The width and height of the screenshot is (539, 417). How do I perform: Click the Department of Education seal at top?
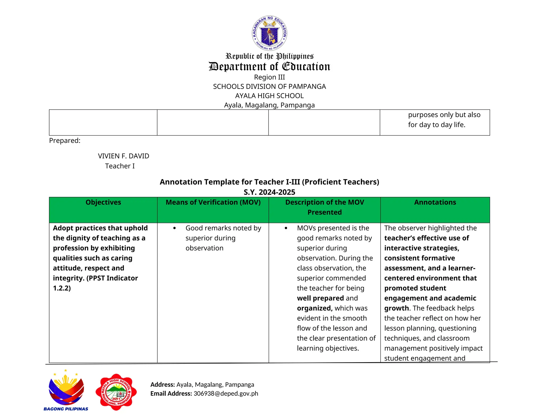269,33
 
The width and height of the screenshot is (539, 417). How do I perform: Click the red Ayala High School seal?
116,392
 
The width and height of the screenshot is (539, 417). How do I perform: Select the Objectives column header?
103,202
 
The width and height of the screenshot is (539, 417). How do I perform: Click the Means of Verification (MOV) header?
213,202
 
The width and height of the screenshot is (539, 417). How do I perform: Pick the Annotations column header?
435,202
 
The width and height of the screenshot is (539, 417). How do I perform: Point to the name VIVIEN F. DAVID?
123,156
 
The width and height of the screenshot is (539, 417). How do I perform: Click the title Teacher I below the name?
120,166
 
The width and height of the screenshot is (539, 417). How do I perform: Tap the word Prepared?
65,141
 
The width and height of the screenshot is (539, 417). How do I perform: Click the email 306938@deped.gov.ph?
226,394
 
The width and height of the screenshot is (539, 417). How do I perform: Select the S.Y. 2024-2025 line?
269,192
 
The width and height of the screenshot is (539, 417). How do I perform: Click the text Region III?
269,77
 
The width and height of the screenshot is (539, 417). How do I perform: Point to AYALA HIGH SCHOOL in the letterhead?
269,96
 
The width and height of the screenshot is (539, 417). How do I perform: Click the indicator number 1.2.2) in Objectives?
62,288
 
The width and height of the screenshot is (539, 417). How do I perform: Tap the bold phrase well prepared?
320,298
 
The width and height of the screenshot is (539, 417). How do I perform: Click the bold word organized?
315,308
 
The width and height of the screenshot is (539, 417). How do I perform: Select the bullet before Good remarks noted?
174,228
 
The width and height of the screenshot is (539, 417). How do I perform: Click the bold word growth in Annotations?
396,308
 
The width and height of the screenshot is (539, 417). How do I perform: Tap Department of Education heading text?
269,66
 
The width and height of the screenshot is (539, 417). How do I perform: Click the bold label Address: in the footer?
162,385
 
